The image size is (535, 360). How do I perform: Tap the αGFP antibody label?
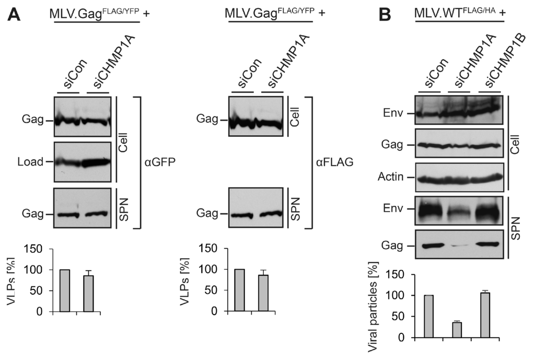160,162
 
